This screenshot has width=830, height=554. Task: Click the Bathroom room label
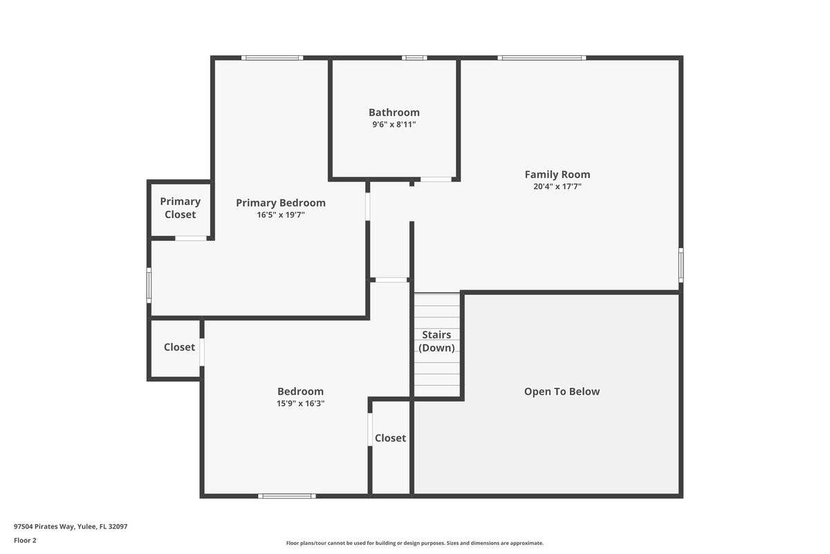click(x=394, y=112)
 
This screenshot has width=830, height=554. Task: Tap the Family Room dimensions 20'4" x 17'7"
click(x=557, y=186)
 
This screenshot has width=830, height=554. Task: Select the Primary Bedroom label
click(x=280, y=203)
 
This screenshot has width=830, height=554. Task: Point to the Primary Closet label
click(x=180, y=208)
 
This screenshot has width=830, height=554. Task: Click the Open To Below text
click(x=562, y=391)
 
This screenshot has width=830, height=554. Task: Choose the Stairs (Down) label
click(x=437, y=341)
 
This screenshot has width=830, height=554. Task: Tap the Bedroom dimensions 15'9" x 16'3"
click(x=300, y=403)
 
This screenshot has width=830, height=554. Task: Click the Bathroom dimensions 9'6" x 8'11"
click(x=394, y=125)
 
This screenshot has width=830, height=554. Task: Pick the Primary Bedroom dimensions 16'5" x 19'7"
click(x=280, y=215)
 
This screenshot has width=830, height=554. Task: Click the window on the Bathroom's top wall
click(x=414, y=57)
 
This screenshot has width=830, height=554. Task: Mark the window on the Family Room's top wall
click(x=542, y=57)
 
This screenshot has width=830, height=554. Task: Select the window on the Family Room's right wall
click(x=681, y=265)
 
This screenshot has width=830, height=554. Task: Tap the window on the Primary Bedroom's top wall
click(x=272, y=57)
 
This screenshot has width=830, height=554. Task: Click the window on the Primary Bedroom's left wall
click(x=149, y=285)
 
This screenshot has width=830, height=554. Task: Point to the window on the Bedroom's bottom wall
click(x=287, y=496)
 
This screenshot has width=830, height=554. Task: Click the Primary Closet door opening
click(x=191, y=238)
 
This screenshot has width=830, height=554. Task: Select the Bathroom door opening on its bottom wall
click(x=436, y=179)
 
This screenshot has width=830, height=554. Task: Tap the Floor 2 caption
click(x=25, y=540)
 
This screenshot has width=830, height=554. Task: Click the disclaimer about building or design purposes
click(x=414, y=543)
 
